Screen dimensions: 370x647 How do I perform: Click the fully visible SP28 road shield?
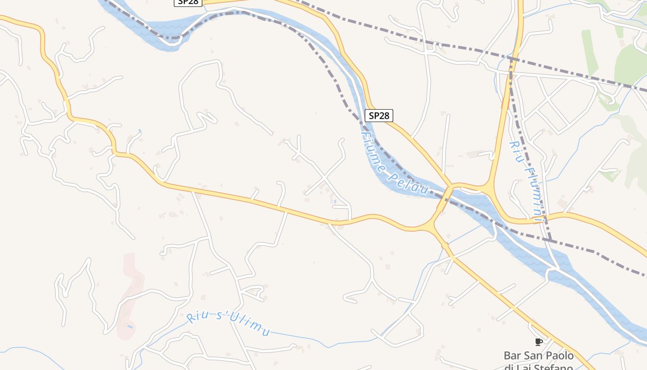coord(379,116)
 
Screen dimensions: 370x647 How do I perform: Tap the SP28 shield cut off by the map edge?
coord(188,2)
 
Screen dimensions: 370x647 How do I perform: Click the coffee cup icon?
coord(538,342)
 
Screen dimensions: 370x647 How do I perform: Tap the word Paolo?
coord(560,356)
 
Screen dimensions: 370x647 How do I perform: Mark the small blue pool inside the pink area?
coord(130,327)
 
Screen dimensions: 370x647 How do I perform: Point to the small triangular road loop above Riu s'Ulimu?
coord(254,292)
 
